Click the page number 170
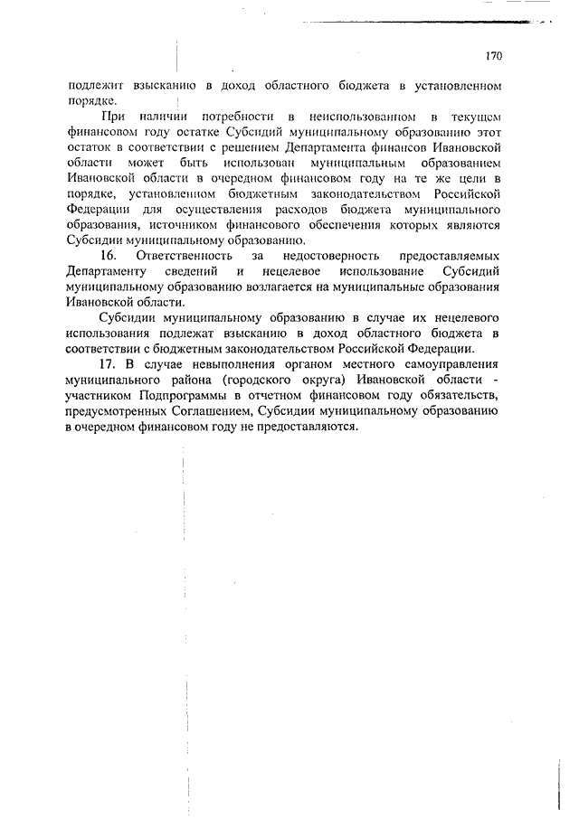click(493, 56)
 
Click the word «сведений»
click(189, 273)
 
